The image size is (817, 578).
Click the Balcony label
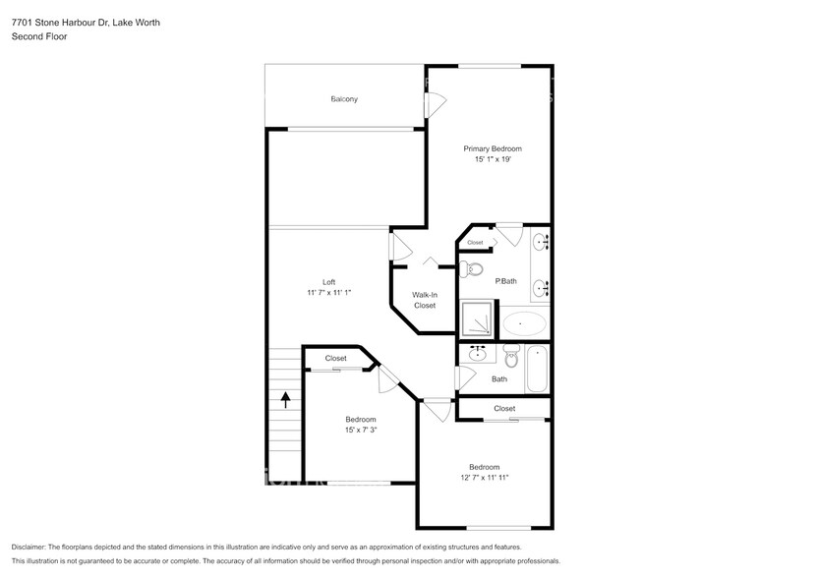(344, 99)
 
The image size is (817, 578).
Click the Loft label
(329, 282)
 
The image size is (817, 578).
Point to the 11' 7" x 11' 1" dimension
(329, 293)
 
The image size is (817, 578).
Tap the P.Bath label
(505, 282)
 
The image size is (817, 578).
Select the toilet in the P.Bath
(473, 268)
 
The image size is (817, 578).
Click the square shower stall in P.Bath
(479, 318)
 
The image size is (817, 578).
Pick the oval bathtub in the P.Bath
(525, 322)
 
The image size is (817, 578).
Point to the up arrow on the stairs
(286, 399)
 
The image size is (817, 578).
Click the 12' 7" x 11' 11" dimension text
(484, 478)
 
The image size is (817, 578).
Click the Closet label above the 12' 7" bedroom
(504, 408)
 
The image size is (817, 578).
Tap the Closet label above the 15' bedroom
(336, 359)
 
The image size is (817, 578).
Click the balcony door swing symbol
(434, 101)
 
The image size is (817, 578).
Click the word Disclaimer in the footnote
(32, 547)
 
